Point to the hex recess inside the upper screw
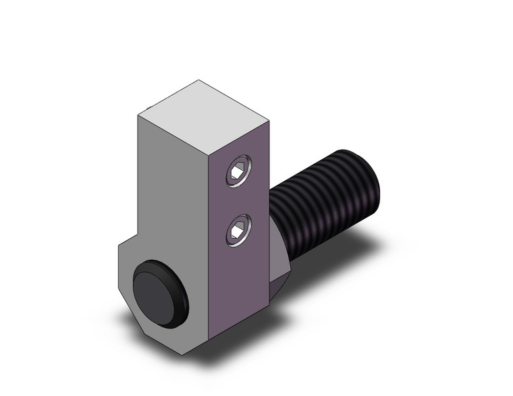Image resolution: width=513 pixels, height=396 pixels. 236,174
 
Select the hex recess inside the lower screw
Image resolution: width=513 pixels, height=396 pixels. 236,233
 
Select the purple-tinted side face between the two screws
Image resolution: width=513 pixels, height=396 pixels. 240,202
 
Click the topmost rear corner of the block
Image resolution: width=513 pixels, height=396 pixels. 198,80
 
